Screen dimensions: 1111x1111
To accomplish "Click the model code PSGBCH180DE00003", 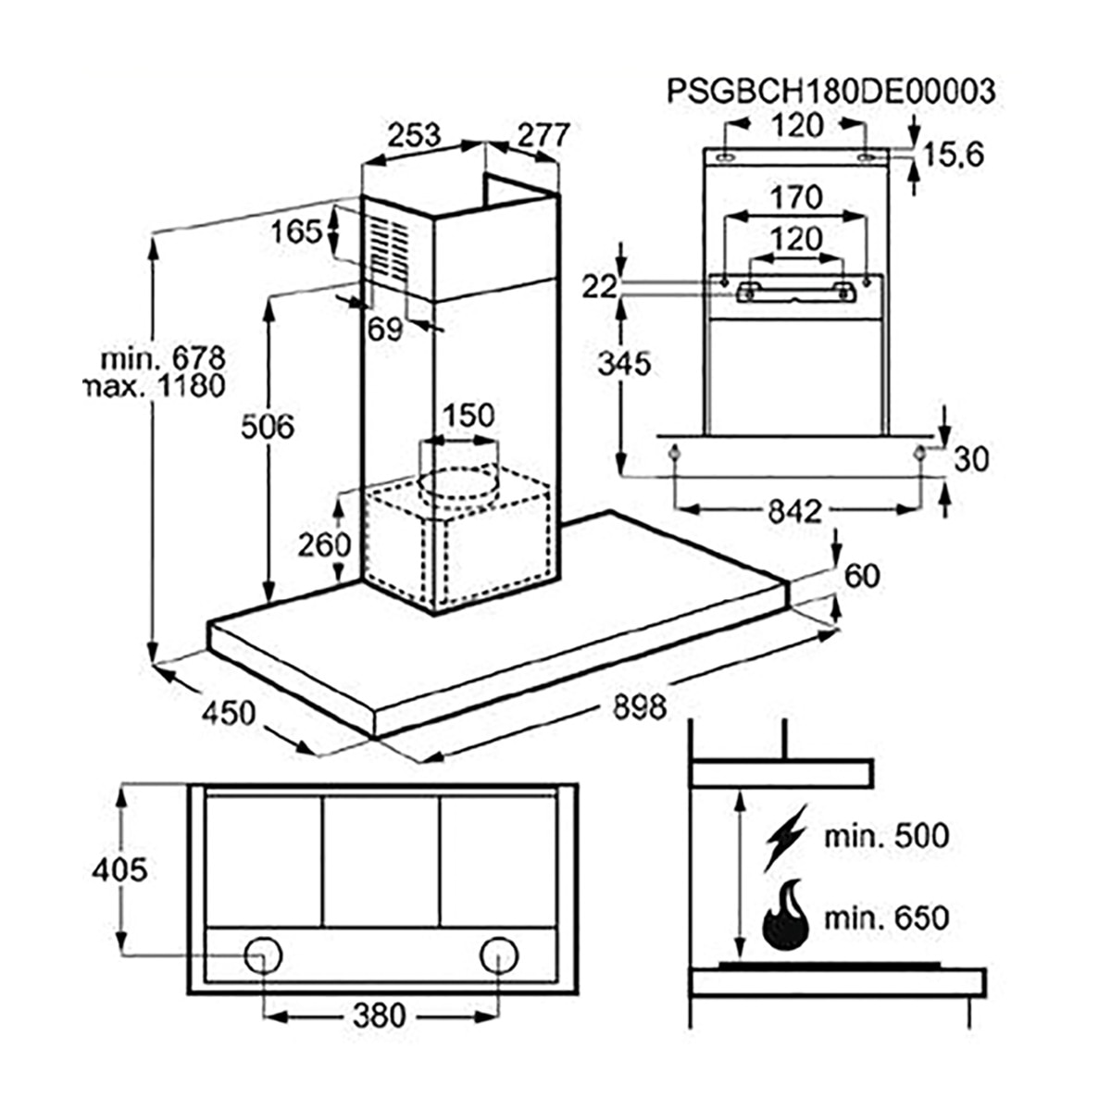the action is (830, 91).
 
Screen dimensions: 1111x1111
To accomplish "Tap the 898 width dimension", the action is (640, 706).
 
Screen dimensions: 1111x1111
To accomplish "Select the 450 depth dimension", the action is (229, 713).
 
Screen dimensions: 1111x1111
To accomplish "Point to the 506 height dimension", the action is (267, 427).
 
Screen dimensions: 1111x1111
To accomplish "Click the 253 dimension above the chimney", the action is (413, 135).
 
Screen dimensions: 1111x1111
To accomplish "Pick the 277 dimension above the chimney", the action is (543, 135).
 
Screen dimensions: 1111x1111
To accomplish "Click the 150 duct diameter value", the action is (468, 415).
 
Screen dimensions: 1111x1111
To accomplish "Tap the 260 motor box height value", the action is (324, 544).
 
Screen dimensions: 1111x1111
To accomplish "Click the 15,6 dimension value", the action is (953, 155).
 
